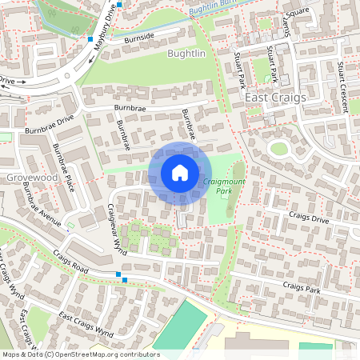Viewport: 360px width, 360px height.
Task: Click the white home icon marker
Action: click(x=180, y=173)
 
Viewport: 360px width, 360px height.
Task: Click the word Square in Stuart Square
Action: click(x=297, y=12)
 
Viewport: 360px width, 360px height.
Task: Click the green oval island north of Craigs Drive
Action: click(x=278, y=148)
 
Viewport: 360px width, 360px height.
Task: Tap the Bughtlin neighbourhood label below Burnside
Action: click(x=186, y=54)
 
